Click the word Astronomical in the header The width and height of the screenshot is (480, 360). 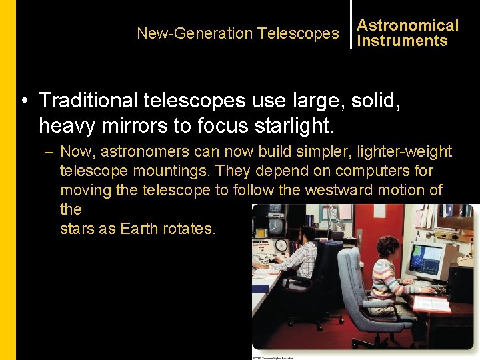tap(407, 25)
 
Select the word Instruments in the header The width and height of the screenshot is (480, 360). tap(402, 41)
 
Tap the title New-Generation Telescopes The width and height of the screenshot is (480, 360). tap(237, 33)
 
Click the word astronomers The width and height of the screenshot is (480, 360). tap(150, 152)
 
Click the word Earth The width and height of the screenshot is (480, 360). tap(138, 229)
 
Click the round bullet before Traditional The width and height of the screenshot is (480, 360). tap(24, 101)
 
